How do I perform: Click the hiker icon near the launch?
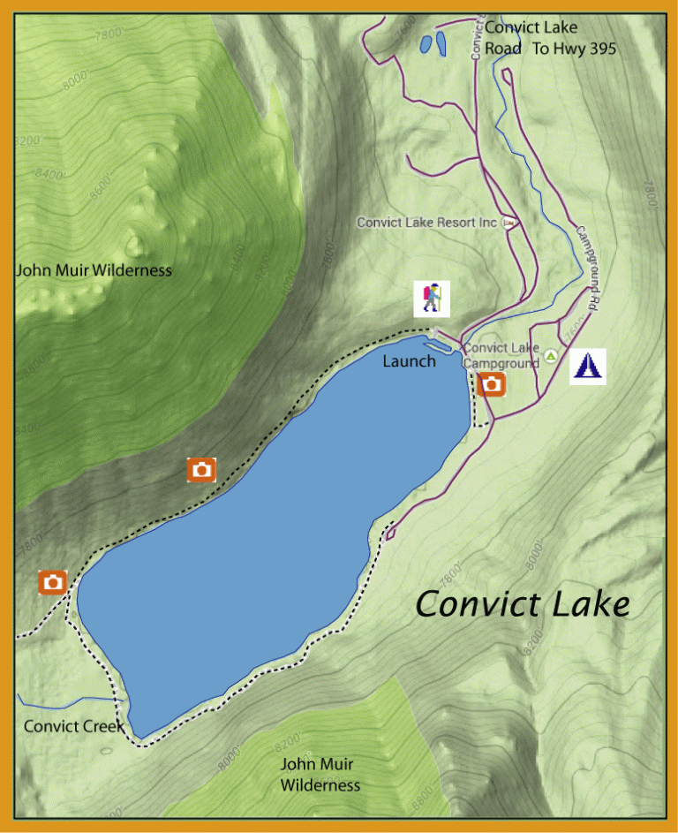coord(432,298)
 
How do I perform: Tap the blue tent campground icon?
coord(588,366)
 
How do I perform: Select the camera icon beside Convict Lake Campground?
coord(491,384)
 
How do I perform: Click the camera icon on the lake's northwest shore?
coord(202,470)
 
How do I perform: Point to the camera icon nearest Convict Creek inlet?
coord(53,582)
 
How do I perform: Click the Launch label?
coord(409,361)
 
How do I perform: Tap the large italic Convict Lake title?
coord(523,605)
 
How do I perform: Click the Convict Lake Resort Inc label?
coord(426,223)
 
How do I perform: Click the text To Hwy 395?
coord(574,49)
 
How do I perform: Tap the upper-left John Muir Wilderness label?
coord(94,270)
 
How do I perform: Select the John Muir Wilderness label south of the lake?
coord(320,775)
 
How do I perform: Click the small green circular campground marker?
coord(551,356)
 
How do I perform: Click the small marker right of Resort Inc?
coord(508,223)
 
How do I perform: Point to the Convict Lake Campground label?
coord(501,355)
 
